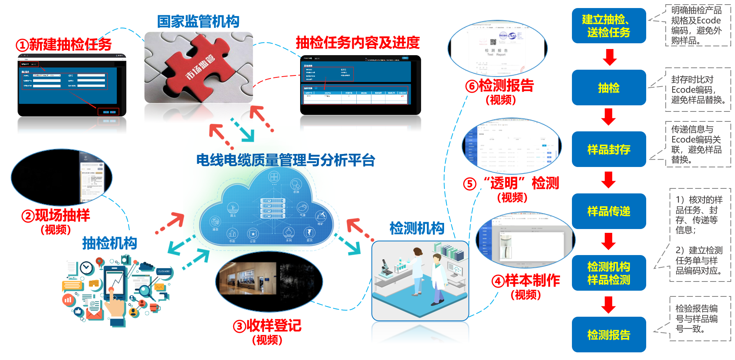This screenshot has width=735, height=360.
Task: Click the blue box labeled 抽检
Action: [609, 88]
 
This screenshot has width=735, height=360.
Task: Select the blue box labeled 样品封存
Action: [609, 149]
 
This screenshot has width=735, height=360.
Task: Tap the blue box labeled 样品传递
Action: [609, 211]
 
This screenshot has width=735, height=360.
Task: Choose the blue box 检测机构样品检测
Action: [609, 273]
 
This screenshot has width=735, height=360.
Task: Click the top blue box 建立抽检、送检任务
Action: [609, 26]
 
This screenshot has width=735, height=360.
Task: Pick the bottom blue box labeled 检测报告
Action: [609, 335]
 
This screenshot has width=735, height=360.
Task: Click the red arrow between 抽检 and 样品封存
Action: [609, 117]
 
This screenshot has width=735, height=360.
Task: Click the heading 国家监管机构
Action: [198, 21]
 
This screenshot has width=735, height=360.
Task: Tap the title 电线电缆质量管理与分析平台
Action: [286, 160]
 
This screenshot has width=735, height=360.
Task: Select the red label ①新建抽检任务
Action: [64, 44]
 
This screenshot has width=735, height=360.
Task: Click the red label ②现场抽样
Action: [56, 215]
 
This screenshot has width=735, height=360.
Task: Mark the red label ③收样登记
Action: [267, 326]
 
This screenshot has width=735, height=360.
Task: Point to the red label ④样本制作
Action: [526, 280]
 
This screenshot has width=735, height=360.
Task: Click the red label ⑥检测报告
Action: [500, 86]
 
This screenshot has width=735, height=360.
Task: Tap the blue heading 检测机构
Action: [417, 228]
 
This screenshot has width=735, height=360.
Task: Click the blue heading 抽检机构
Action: [109, 243]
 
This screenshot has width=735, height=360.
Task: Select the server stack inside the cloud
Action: [273, 208]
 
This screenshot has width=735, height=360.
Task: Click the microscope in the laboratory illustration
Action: [385, 267]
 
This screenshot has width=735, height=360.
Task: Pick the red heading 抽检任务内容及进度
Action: [358, 43]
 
